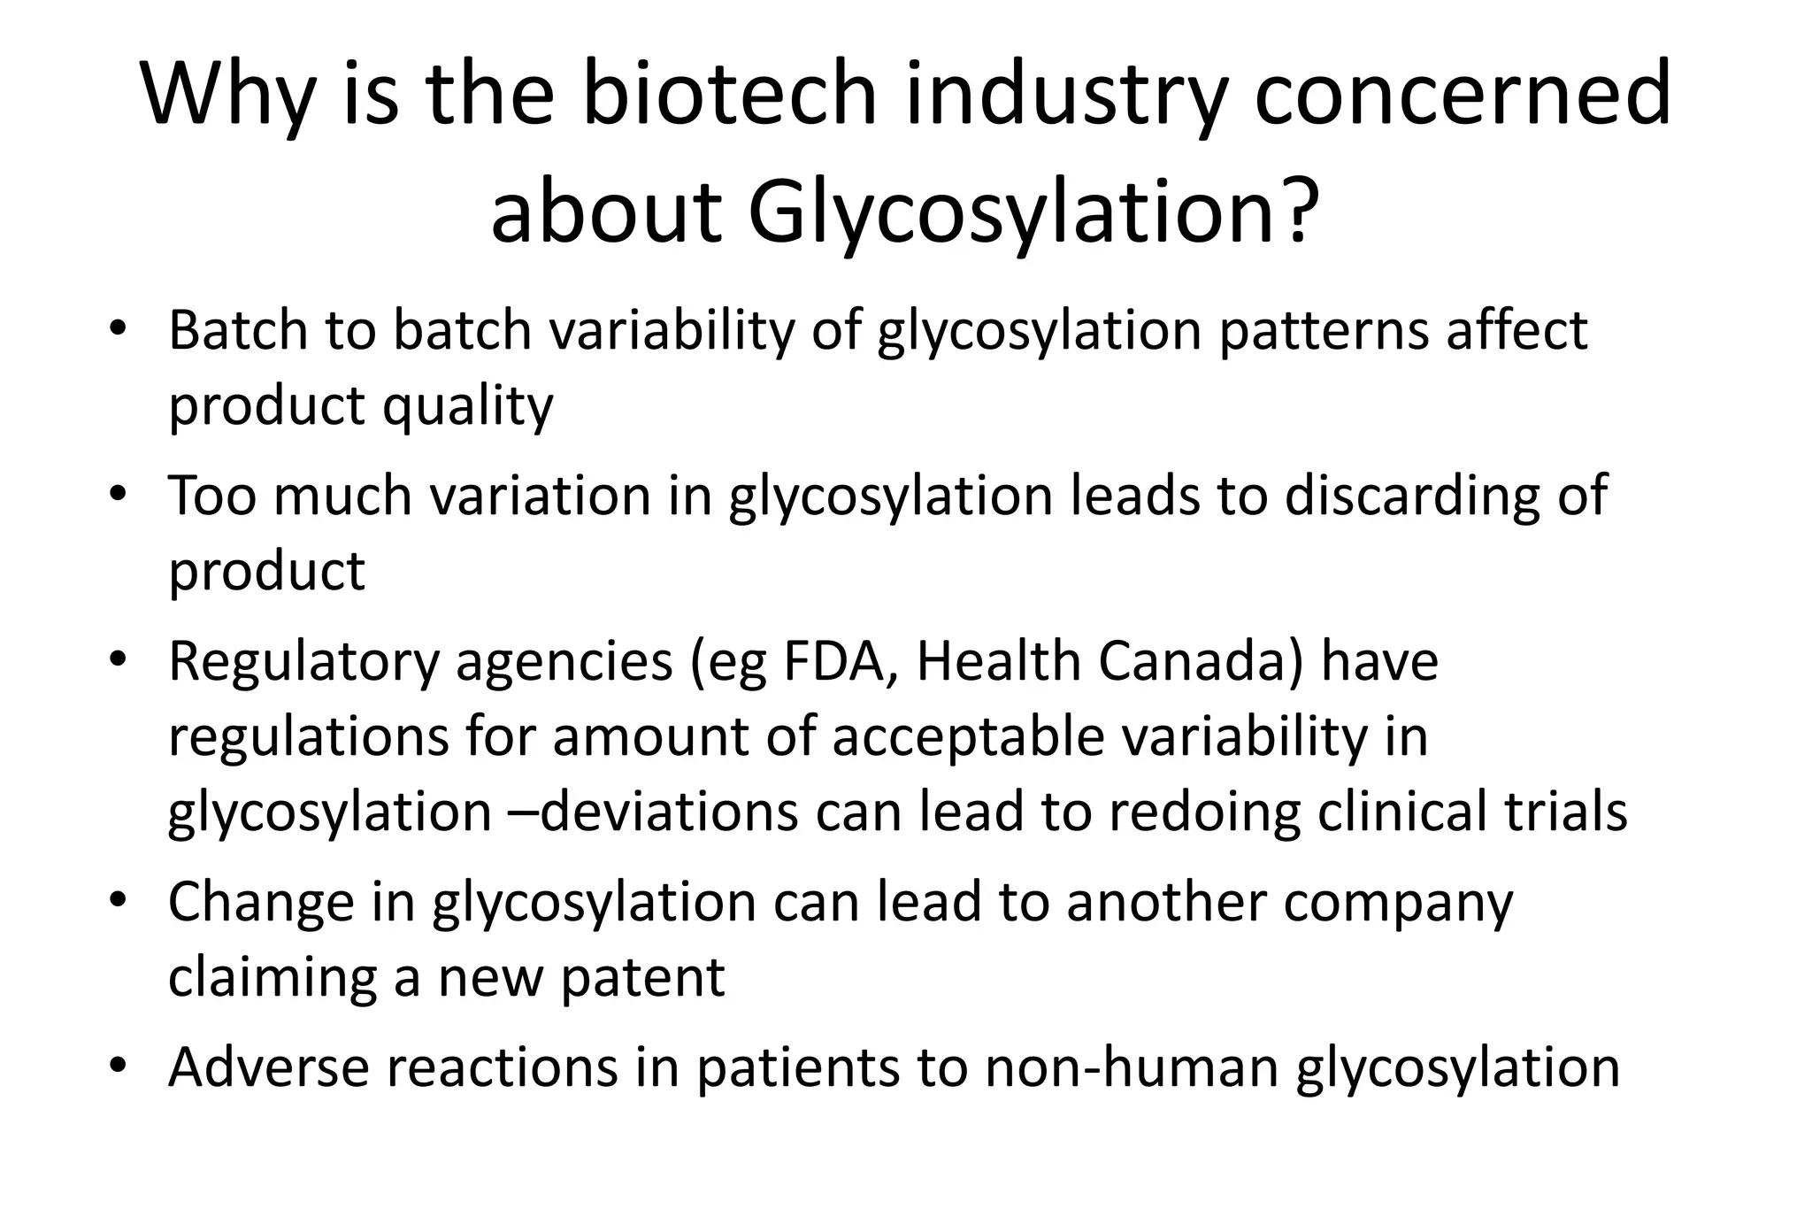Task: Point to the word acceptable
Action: tap(968, 737)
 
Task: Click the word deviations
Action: tap(668, 812)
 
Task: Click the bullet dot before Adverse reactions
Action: tap(117, 1065)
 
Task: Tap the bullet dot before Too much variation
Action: tap(117, 493)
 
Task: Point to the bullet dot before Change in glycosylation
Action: tap(117, 900)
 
